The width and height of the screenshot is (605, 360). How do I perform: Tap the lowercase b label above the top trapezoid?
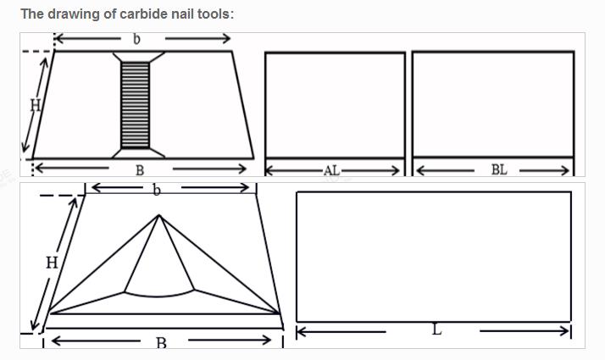pyautogui.click(x=136, y=39)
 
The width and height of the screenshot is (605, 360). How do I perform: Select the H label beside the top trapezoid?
pyautogui.click(x=35, y=104)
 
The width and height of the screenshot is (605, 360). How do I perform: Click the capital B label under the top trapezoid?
pyautogui.click(x=140, y=170)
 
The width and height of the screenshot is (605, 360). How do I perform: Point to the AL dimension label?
pyautogui.click(x=331, y=170)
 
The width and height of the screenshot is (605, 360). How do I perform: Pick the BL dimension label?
pyautogui.click(x=499, y=169)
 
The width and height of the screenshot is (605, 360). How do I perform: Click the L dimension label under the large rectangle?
pyautogui.click(x=436, y=330)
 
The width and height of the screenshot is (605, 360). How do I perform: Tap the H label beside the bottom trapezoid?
pyautogui.click(x=52, y=263)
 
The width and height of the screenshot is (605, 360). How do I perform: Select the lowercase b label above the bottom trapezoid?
pyautogui.click(x=156, y=190)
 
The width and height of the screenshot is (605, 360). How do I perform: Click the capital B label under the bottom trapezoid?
pyautogui.click(x=161, y=343)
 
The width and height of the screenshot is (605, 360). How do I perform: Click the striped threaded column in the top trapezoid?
pyautogui.click(x=135, y=104)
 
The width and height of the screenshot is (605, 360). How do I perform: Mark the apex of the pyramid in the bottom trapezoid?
pyautogui.click(x=158, y=215)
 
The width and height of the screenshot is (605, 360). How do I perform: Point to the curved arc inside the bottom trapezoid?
pyautogui.click(x=159, y=296)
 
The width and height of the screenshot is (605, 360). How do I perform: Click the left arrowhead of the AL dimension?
pyautogui.click(x=269, y=170)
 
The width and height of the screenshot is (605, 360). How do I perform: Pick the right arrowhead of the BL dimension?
pyautogui.click(x=565, y=170)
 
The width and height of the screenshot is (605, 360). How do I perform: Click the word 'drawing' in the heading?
pyautogui.click(x=69, y=14)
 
